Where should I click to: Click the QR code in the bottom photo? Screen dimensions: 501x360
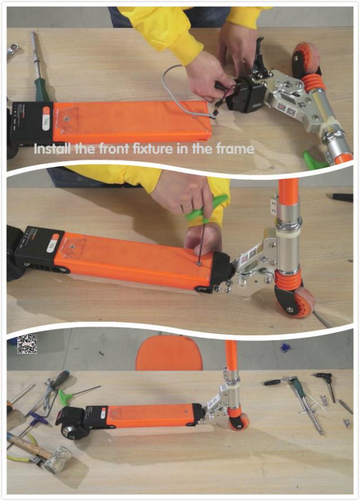(26, 344)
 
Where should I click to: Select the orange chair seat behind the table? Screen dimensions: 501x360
(169, 353)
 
